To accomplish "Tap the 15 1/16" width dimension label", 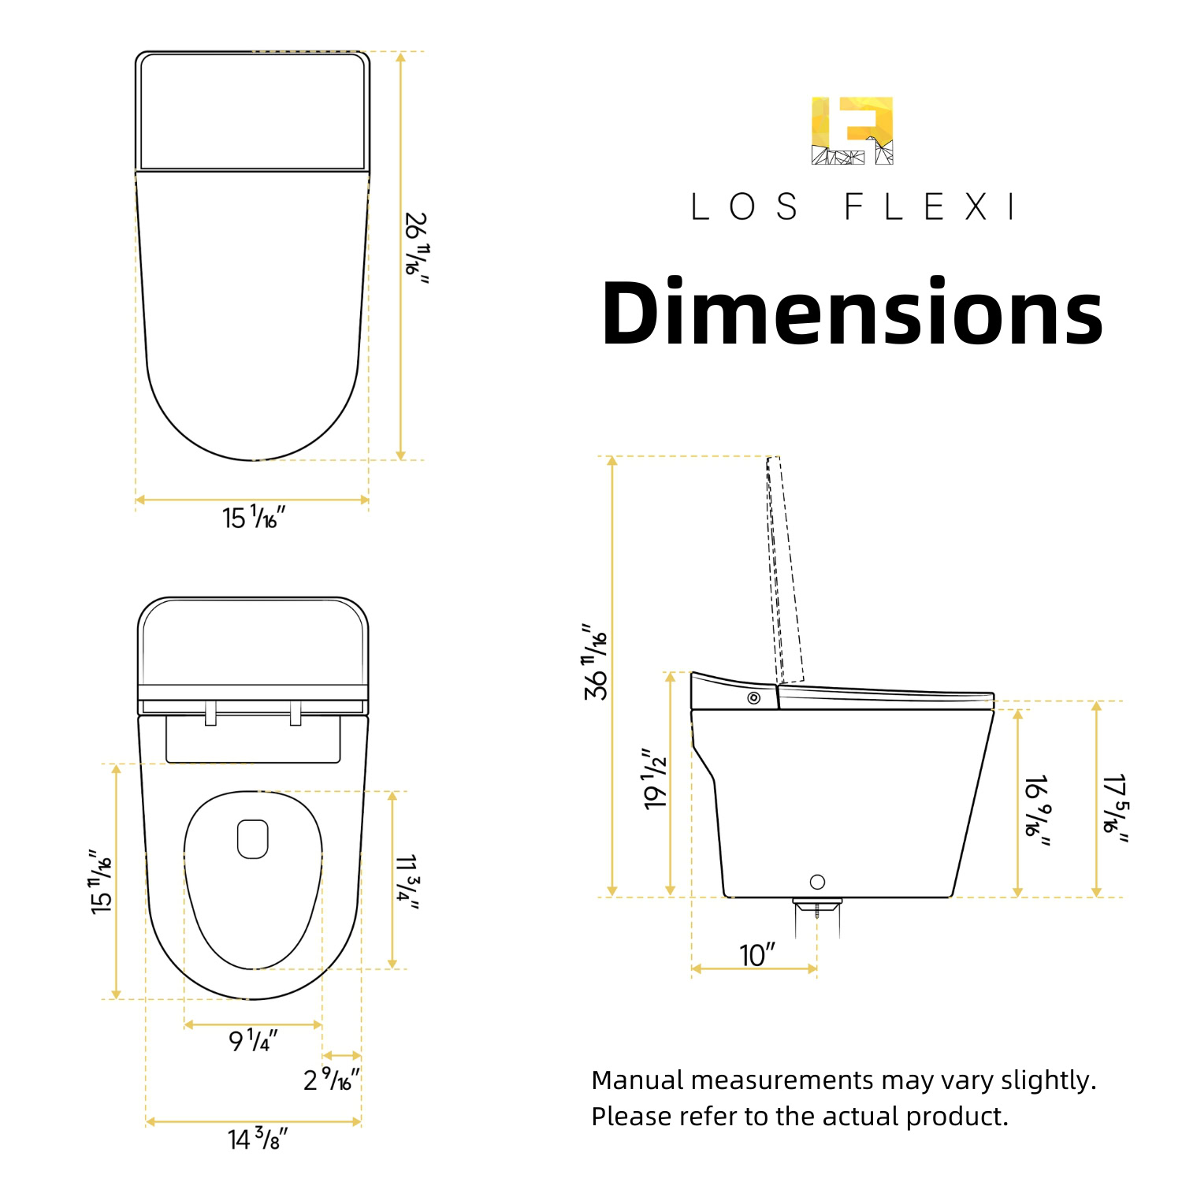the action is pos(253,517).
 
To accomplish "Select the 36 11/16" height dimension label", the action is pos(596,661).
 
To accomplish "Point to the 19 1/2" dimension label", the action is pos(655,779).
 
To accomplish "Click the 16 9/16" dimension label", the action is pos(1037,811).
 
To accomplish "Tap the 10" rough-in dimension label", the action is pos(757,955).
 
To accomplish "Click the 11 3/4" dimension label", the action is pos(407,882).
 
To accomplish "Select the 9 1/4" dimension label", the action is pos(253,1040).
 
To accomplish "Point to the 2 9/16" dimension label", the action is pos(332,1079).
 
